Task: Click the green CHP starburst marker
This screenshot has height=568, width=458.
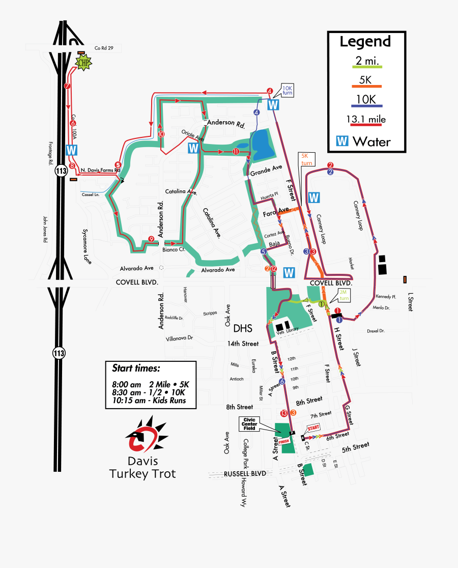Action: point(83,63)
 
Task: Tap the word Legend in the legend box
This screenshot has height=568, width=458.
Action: point(365,41)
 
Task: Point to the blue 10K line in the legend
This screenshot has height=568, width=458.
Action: point(365,106)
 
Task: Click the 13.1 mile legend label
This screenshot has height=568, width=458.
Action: point(365,120)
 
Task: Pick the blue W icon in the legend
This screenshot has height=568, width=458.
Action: point(343,141)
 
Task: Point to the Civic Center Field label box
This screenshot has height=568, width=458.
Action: point(253,423)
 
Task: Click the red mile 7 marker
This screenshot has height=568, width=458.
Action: point(67,86)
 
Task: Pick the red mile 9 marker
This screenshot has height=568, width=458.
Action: point(151,239)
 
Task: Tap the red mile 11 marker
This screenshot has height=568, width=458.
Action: point(236,152)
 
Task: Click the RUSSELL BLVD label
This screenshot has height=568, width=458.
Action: point(245,473)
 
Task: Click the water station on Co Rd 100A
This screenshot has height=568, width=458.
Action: point(72,150)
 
